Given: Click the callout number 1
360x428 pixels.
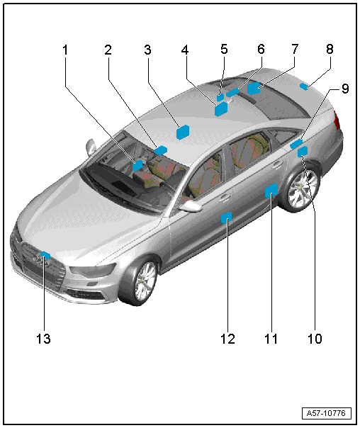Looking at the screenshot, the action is tap(65, 50).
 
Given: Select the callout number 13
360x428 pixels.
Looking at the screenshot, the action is tap(43, 339).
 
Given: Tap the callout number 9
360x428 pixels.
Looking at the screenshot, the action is tap(345, 89).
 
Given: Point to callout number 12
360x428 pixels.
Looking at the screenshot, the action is tap(227, 339).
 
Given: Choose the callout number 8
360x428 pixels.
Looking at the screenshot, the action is tap(330, 49).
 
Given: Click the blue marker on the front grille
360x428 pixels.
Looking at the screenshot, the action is tap(45, 256).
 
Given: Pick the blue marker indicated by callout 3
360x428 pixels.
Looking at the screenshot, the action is tap(183, 132).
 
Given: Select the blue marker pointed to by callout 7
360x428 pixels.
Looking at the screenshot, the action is tap(254, 88).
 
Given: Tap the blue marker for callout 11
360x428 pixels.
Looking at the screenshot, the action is tap(271, 190).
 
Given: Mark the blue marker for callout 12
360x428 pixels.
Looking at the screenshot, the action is tap(226, 218).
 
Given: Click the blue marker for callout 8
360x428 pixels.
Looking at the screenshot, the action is tap(304, 86).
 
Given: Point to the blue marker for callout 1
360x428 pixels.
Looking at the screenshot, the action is tap(137, 165).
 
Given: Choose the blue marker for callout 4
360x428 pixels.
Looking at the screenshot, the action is tap(221, 109).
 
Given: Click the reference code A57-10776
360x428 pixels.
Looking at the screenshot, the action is tap(326, 413).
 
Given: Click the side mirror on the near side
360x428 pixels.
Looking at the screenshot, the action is tap(191, 206).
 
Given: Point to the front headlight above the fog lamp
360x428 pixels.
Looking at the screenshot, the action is tap(93, 270).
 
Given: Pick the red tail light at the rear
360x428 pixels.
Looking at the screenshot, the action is tap(337, 120).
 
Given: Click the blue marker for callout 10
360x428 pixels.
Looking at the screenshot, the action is tap(303, 152).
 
